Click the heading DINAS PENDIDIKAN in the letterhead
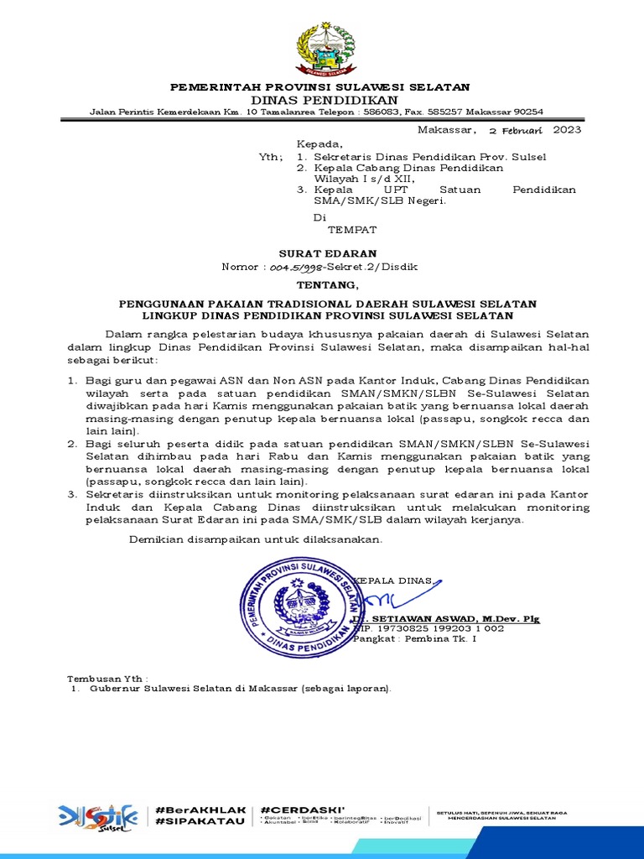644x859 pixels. [x=320, y=100]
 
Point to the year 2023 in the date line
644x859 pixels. [x=567, y=130]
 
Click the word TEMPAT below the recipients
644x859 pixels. [x=351, y=229]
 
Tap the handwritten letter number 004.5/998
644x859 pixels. [x=295, y=267]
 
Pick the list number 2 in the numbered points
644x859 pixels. [x=72, y=443]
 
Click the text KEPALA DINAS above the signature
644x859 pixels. [x=394, y=580]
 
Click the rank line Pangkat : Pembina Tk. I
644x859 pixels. [x=414, y=639]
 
